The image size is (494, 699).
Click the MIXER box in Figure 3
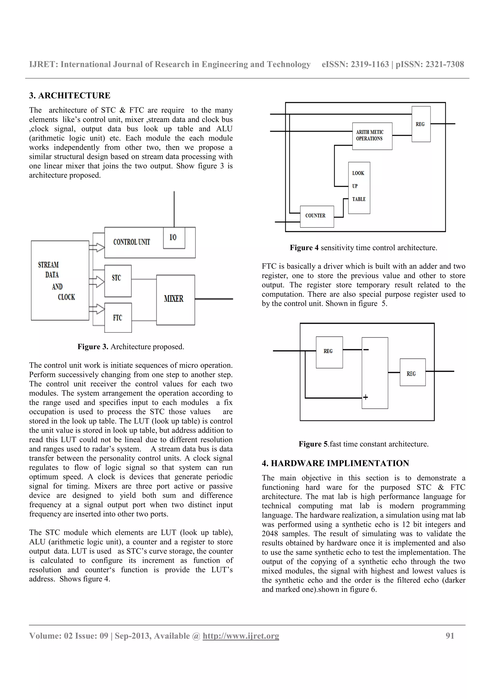click(176, 300)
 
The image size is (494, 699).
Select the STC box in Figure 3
click(118, 281)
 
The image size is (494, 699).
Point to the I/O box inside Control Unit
click(174, 238)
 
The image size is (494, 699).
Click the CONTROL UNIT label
click(131, 242)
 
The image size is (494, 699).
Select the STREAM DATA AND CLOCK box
click(60, 280)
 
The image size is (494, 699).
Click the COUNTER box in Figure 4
click(316, 216)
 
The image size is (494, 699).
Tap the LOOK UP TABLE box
click(359, 188)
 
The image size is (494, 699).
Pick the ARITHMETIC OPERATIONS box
click(372, 136)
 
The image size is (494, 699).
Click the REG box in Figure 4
click(421, 124)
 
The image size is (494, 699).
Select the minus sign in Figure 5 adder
click(366, 350)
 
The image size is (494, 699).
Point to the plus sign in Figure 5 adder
click(365, 397)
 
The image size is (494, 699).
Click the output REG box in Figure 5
click(412, 373)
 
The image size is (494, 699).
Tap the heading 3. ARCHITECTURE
click(70, 96)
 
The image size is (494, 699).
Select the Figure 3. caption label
click(93, 347)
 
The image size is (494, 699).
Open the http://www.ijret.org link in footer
click(240, 636)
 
